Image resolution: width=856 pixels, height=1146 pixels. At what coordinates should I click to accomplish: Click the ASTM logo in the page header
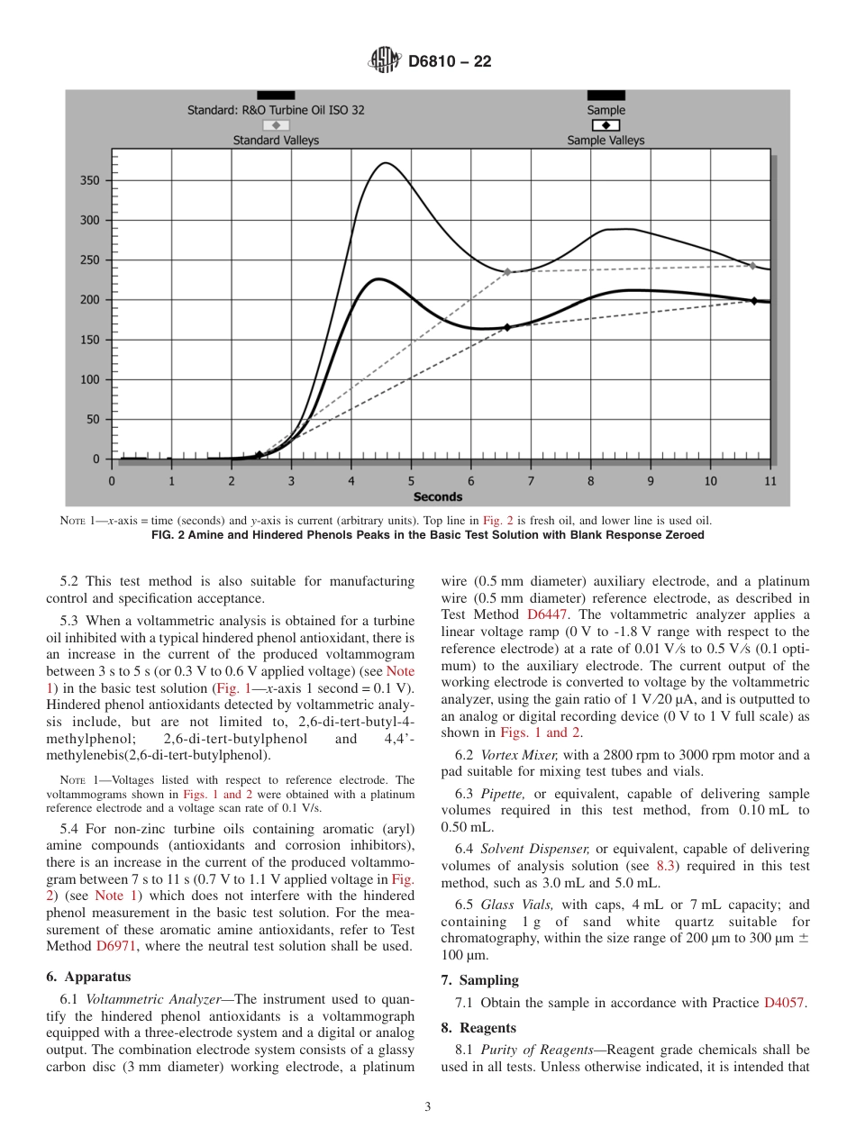click(385, 61)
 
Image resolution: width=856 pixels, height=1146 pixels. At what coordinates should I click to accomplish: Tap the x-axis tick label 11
click(769, 481)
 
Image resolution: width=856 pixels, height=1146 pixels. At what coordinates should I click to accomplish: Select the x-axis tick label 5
click(411, 481)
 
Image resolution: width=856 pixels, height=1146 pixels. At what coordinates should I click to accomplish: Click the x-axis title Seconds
click(438, 496)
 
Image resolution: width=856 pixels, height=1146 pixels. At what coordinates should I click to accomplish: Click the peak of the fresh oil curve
click(386, 163)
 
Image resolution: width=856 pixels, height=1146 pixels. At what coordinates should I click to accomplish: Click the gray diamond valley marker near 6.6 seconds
click(507, 271)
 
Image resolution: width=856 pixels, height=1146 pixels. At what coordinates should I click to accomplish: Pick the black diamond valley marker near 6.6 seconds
click(506, 328)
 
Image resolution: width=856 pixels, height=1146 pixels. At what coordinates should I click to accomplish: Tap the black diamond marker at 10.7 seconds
click(754, 300)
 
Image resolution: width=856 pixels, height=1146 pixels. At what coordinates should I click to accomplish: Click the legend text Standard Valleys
click(276, 141)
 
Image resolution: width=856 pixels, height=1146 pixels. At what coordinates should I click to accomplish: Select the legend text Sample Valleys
click(606, 141)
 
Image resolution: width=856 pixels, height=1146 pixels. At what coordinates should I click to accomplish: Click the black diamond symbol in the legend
click(606, 125)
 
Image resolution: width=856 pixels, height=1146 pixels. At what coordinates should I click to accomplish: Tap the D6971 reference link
click(120, 946)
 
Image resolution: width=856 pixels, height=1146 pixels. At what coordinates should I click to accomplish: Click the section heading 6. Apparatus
click(88, 976)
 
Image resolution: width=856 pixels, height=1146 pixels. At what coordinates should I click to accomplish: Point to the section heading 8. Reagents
click(478, 1027)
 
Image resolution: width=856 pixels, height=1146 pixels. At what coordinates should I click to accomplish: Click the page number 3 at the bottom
click(428, 1107)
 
